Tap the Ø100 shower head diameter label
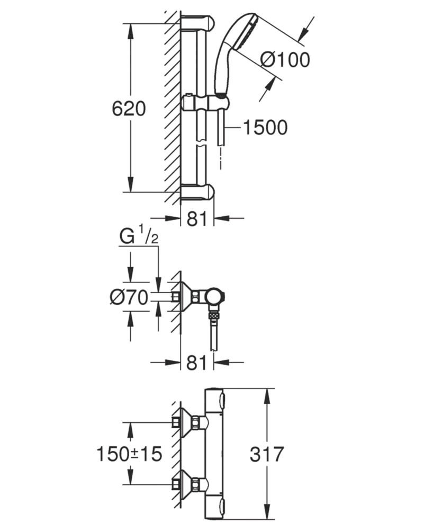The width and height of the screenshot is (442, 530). (285, 60)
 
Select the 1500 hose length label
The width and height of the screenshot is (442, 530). (265, 127)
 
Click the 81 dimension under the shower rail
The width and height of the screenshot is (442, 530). (197, 218)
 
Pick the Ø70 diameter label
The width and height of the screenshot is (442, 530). (129, 297)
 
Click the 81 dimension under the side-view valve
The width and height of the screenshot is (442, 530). (197, 364)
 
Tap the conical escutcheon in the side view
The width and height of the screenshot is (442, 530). (186, 297)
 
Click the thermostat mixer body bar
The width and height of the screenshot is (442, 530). (215, 454)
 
